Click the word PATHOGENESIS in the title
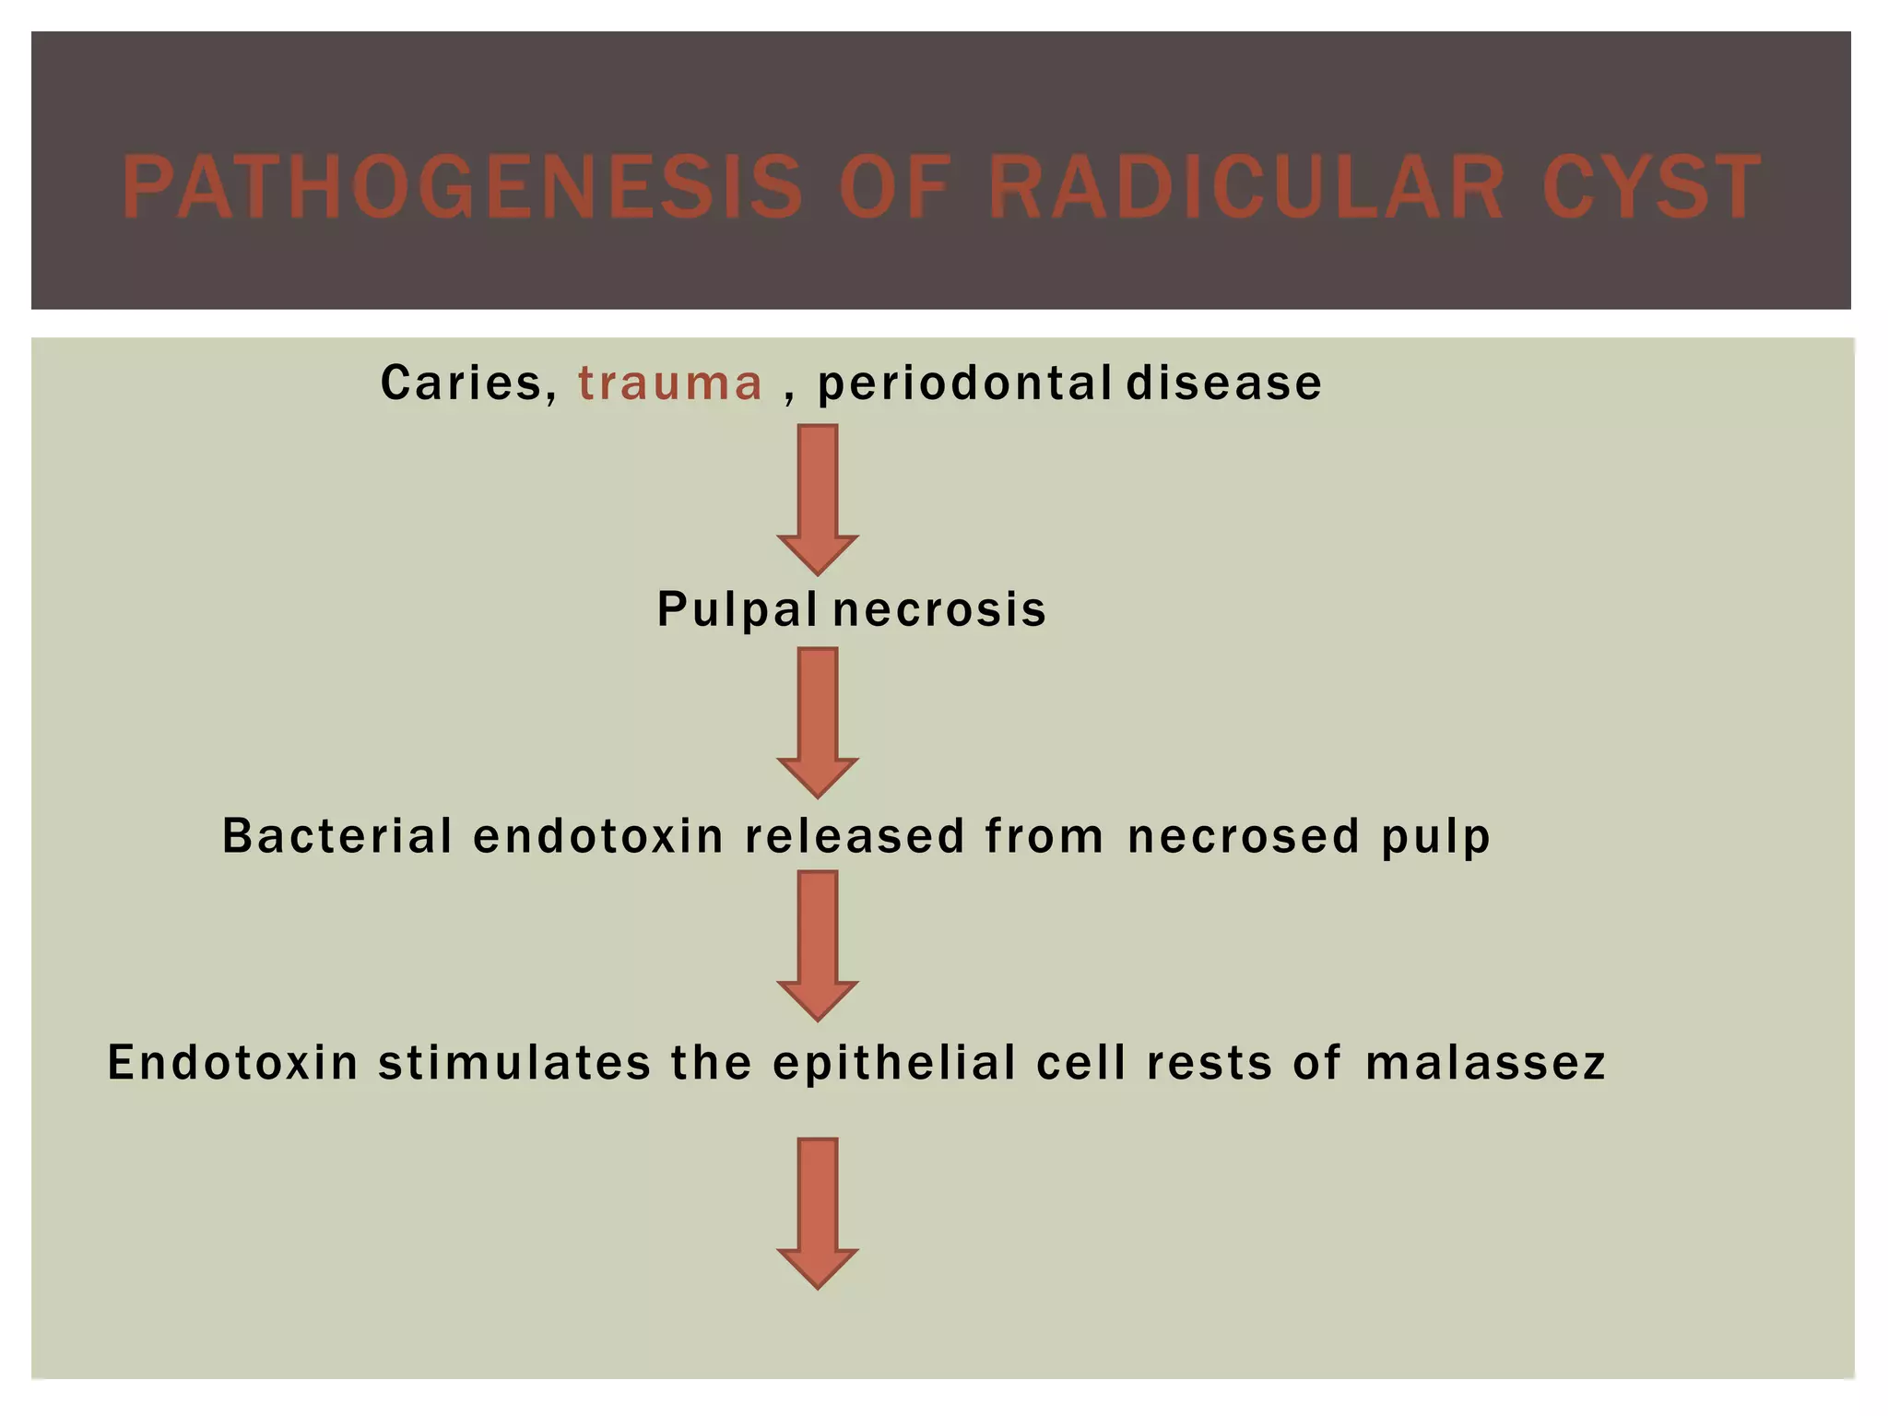pyautogui.click(x=462, y=188)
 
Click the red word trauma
pyautogui.click(x=670, y=383)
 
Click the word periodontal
pyautogui.click(x=964, y=383)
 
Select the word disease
pyautogui.click(x=1224, y=383)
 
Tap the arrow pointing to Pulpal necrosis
pyautogui.click(x=818, y=498)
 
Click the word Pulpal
pyautogui.click(x=737, y=610)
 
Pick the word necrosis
pyautogui.click(x=939, y=610)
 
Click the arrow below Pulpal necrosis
pyautogui.click(x=818, y=721)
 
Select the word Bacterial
pyautogui.click(x=337, y=836)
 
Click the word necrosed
pyautogui.click(x=1244, y=836)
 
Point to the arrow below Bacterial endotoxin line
pyautogui.click(x=818, y=944)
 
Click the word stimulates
pyautogui.click(x=514, y=1063)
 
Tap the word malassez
pyautogui.click(x=1485, y=1063)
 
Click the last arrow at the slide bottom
pyautogui.click(x=818, y=1211)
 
